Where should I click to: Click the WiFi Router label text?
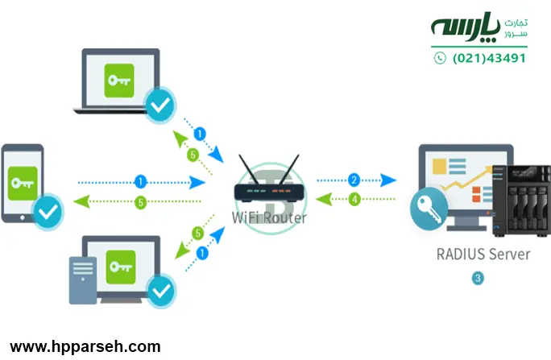[269, 217]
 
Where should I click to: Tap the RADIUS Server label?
[483, 254]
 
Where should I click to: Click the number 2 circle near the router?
[353, 180]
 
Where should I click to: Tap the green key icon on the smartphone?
[22, 183]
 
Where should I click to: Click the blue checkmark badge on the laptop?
[160, 102]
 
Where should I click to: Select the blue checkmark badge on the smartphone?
[48, 213]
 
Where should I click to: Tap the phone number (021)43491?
[490, 58]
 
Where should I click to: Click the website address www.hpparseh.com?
[85, 347]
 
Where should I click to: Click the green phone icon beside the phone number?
[440, 58]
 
